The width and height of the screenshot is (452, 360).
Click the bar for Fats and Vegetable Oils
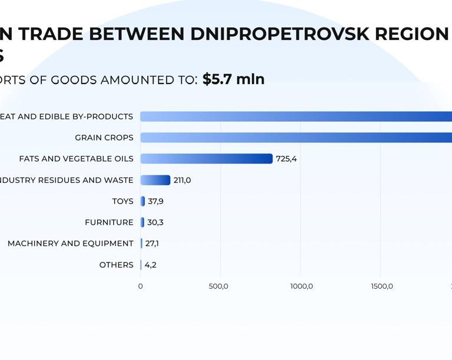(206, 159)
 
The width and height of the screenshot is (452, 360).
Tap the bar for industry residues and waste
(155, 180)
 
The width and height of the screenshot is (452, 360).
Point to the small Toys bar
(143, 201)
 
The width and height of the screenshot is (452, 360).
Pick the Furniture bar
(142, 222)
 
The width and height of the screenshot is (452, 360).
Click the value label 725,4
(286, 159)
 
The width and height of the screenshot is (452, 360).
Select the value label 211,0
(182, 180)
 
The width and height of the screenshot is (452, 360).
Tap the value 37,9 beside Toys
(155, 201)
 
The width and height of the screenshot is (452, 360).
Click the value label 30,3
(155, 222)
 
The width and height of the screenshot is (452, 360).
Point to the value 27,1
(152, 244)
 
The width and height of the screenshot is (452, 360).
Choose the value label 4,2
(150, 265)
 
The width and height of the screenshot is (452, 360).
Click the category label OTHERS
(116, 265)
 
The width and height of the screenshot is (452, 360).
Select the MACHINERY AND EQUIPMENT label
(71, 244)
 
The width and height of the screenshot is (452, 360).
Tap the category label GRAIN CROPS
(104, 138)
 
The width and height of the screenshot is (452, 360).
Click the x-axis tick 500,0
(219, 286)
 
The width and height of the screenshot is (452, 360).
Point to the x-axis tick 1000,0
(301, 286)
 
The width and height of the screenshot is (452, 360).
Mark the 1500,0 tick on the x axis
(381, 286)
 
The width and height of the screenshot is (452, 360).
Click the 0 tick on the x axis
(140, 286)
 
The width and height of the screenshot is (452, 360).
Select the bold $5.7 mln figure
(234, 79)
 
